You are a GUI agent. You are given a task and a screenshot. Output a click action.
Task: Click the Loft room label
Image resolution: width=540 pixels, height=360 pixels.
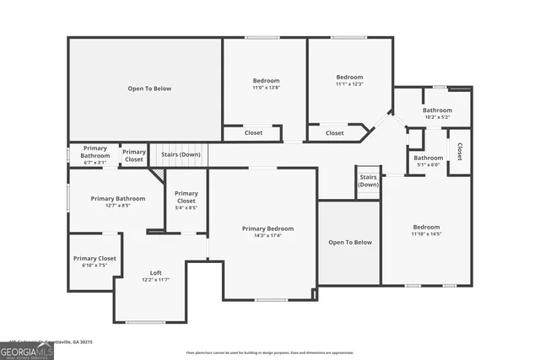(x=156, y=272)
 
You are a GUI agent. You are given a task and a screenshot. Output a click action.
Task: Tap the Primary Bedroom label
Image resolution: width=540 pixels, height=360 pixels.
(x=267, y=228)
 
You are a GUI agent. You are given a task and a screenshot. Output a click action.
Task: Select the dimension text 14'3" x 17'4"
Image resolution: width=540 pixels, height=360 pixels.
(x=267, y=236)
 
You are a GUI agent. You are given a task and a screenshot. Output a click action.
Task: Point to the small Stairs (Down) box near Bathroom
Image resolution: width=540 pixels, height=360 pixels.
(x=368, y=181)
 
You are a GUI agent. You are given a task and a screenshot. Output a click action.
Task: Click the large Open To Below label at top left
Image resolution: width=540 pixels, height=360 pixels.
(x=149, y=89)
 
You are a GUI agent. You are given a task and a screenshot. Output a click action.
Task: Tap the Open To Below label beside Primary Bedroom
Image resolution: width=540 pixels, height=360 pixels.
(x=349, y=242)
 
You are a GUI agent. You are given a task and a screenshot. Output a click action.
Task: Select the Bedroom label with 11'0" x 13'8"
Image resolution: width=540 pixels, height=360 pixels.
(x=265, y=81)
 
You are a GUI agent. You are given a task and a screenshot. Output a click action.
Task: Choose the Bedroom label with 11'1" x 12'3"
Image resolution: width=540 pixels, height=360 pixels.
(x=349, y=77)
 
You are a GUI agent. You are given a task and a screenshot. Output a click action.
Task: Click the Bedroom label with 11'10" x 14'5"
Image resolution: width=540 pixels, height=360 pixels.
(x=426, y=227)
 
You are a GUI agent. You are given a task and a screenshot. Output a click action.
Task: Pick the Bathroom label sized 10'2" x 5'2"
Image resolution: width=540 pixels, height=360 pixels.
(x=437, y=110)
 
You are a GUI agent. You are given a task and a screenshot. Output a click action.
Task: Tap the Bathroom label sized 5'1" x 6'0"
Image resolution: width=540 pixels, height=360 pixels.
(x=428, y=158)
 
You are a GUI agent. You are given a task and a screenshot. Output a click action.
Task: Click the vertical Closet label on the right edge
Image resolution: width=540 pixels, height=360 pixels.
(x=460, y=152)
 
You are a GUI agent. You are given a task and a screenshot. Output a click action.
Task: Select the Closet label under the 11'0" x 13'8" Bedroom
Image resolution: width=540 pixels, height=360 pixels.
(x=253, y=133)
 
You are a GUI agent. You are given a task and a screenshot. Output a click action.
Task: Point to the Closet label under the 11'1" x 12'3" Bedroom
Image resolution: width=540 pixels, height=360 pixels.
(x=335, y=133)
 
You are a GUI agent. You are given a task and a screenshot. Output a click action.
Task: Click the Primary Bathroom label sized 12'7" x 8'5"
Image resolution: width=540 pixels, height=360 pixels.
(x=118, y=199)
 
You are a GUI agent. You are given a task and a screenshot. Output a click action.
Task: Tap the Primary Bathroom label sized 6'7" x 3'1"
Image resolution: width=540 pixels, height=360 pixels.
(x=94, y=152)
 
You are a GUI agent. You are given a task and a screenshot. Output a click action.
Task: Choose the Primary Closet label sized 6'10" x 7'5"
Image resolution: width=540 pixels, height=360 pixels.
(x=94, y=259)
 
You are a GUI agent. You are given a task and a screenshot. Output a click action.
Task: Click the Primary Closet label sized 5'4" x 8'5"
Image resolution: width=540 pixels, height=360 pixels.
(x=186, y=197)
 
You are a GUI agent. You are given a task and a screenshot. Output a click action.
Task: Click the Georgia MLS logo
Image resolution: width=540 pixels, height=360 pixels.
(x=27, y=348)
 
